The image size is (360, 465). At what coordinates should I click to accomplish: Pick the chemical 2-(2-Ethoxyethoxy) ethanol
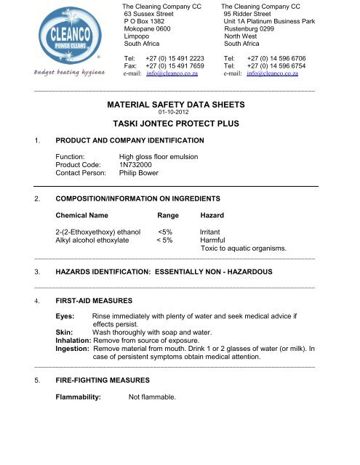point(98,232)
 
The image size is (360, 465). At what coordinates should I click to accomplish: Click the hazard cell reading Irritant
point(212,232)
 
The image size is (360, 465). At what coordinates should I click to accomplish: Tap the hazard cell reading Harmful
point(213,241)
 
